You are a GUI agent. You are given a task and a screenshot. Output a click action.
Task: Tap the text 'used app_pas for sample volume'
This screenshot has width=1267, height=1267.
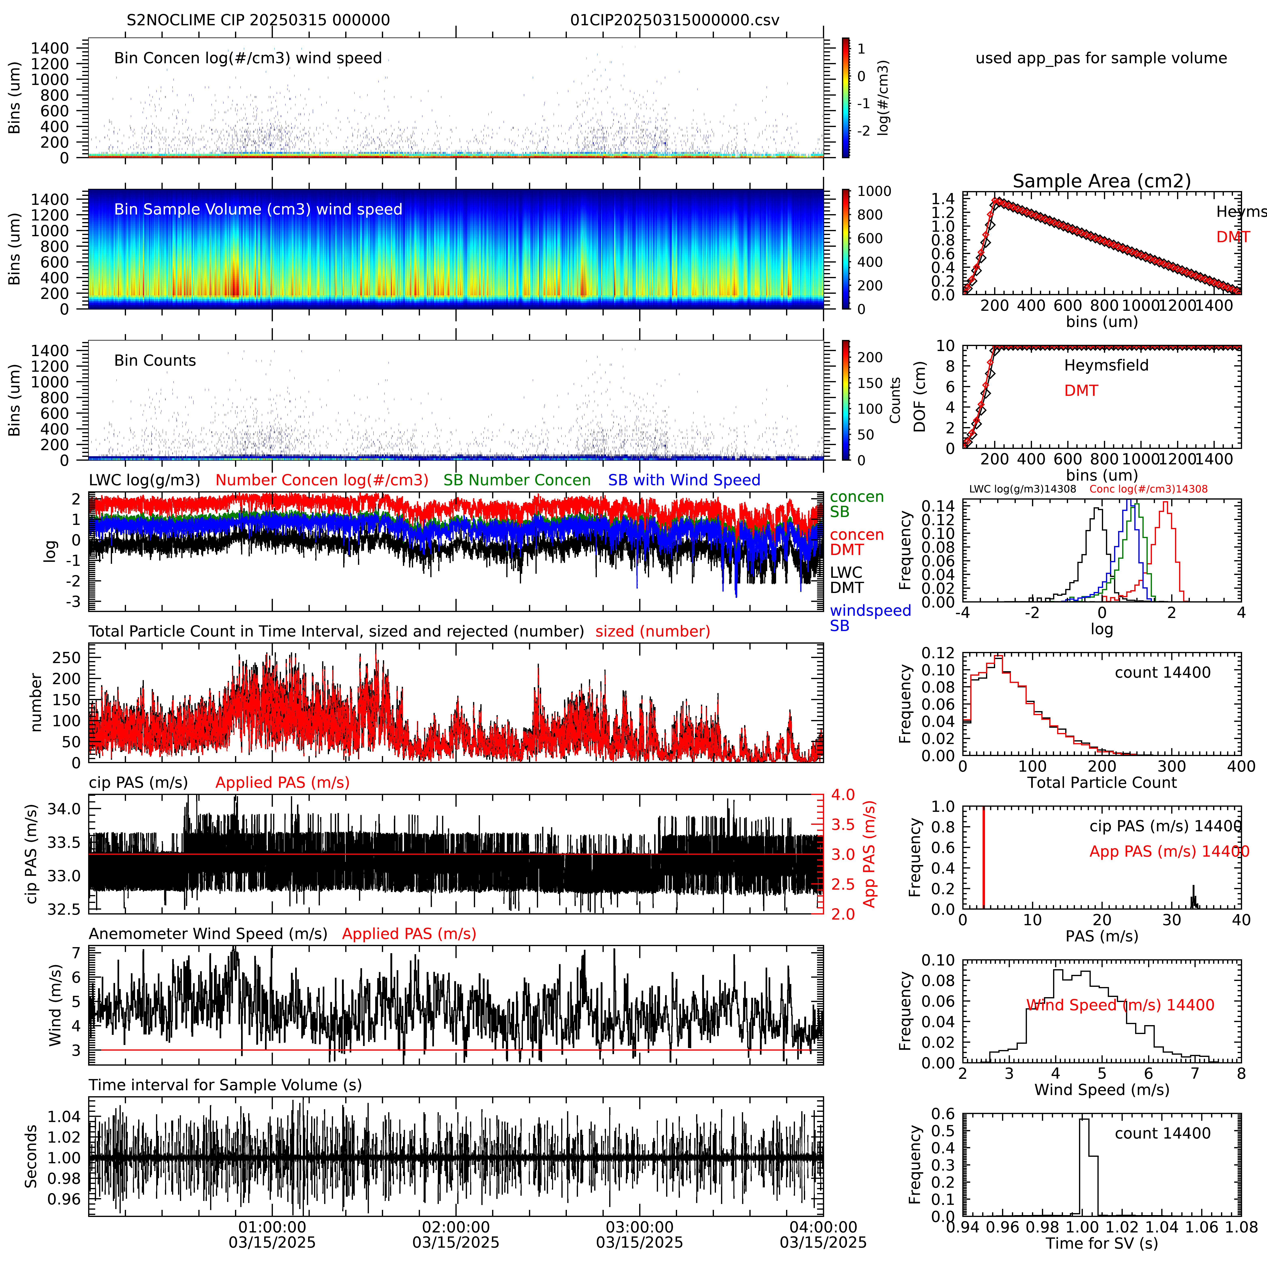pos(1101,58)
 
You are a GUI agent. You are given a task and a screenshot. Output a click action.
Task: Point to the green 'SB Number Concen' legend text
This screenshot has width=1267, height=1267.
pos(517,480)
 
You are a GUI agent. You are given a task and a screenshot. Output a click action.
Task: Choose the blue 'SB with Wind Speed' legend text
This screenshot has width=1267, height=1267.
pos(684,480)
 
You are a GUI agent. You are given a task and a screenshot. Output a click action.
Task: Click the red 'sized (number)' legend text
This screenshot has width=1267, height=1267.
pos(653,631)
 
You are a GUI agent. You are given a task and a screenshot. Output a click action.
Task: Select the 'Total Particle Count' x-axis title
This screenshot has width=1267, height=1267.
pos(1102,782)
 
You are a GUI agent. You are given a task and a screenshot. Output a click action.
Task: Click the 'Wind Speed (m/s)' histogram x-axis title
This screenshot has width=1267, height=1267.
pos(1102,1090)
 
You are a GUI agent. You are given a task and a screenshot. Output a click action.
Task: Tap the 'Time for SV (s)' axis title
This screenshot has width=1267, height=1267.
pos(1102,1243)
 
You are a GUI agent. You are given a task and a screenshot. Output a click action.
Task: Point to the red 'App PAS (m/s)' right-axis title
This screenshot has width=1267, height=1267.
pos(870,854)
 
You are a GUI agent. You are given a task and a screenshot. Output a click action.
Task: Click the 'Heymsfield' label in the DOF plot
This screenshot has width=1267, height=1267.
pos(1106,365)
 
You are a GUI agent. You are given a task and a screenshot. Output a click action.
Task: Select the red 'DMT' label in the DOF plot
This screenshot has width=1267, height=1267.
pos(1081,391)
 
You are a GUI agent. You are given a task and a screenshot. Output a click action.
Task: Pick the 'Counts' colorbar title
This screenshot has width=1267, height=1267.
pos(894,400)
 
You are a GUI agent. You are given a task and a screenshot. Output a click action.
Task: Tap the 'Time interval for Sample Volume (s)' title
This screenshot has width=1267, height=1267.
pos(225,1085)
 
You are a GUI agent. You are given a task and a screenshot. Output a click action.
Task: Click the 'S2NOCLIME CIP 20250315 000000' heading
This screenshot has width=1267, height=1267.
pos(258,20)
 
